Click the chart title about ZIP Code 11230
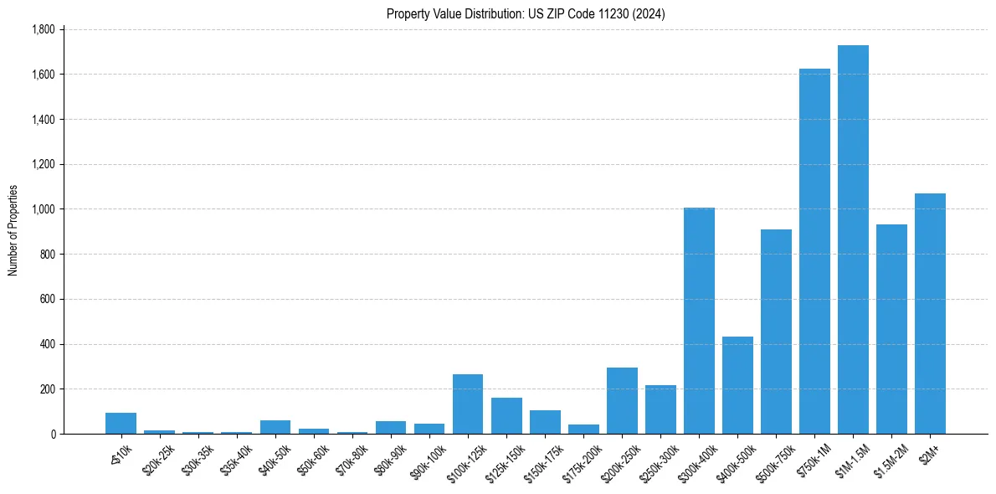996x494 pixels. pyautogui.click(x=526, y=14)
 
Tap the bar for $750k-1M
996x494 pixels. pyautogui.click(x=814, y=251)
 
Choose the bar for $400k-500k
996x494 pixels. pyautogui.click(x=737, y=385)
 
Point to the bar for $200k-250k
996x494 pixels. pyautogui.click(x=622, y=401)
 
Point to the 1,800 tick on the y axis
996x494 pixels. pyautogui.click(x=43, y=29)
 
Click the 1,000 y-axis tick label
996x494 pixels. pyautogui.click(x=43, y=209)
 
